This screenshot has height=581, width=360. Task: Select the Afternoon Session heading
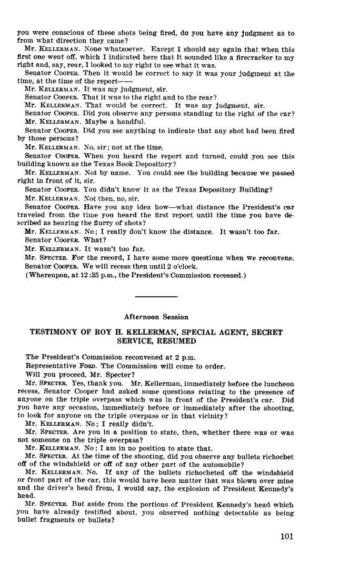tap(156, 317)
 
